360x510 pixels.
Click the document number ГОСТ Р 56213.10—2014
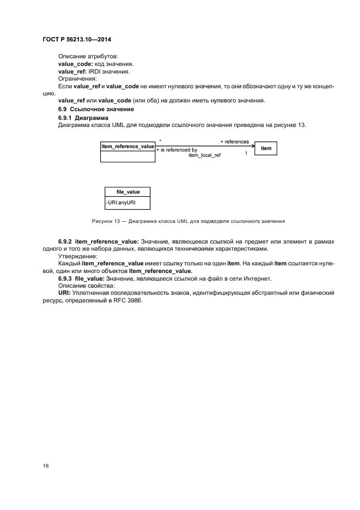click(x=72, y=39)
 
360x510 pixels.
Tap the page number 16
click(x=46, y=466)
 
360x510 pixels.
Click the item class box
click(x=266, y=148)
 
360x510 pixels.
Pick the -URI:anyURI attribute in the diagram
click(x=120, y=203)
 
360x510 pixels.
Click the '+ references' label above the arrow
click(x=234, y=142)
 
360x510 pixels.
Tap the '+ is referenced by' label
click(x=176, y=149)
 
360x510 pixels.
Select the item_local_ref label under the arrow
click(x=204, y=155)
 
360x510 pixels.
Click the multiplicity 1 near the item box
click(x=246, y=153)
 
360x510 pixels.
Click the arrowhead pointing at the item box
click(x=253, y=145)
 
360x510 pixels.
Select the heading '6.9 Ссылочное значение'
click(x=88, y=110)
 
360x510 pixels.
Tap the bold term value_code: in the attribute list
click(x=76, y=64)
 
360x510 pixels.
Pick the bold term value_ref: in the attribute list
click(x=73, y=71)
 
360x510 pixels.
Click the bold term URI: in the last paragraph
click(x=65, y=293)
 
